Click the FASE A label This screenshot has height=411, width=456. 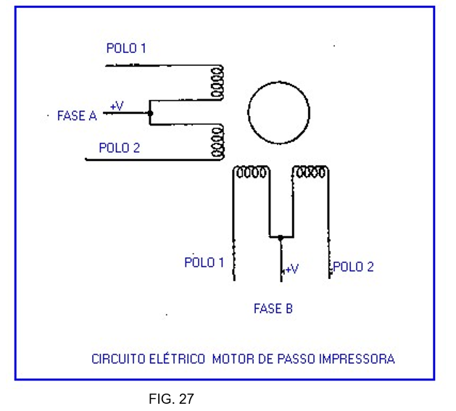point(77,116)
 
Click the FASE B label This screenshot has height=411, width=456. point(273,309)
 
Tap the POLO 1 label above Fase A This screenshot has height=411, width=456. point(126,48)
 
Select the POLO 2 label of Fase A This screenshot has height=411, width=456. point(120,148)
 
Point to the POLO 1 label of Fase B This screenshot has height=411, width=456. point(204,262)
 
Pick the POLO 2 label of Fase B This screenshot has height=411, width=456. point(353,267)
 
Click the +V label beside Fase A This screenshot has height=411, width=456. point(117,106)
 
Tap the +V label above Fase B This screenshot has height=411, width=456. point(292,269)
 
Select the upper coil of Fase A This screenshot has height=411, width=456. point(217,83)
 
